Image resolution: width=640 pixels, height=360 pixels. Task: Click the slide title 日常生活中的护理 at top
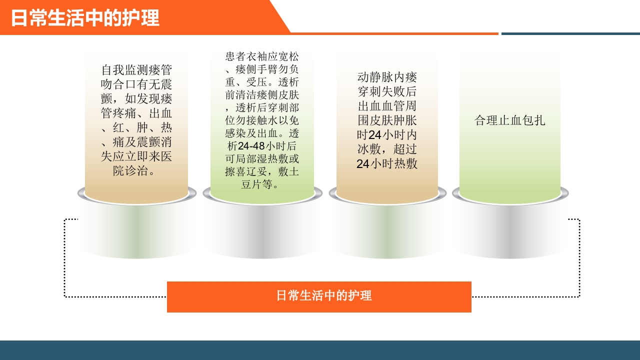click(x=85, y=18)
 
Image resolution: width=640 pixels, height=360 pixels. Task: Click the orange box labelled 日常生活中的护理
click(x=319, y=296)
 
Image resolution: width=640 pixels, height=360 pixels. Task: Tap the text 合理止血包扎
click(x=510, y=120)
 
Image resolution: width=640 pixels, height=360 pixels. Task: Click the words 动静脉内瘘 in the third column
click(x=387, y=77)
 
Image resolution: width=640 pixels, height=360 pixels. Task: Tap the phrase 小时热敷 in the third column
click(x=394, y=164)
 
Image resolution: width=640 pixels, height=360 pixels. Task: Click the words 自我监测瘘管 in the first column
click(x=136, y=69)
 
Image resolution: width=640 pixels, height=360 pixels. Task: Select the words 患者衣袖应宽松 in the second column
click(x=262, y=56)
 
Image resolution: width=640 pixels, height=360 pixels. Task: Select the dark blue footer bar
click(x=320, y=350)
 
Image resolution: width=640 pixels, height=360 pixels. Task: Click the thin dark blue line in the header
click(x=570, y=34)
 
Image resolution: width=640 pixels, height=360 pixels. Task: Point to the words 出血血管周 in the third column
click(x=387, y=106)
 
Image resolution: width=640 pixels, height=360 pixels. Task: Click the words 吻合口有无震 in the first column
click(x=136, y=84)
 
